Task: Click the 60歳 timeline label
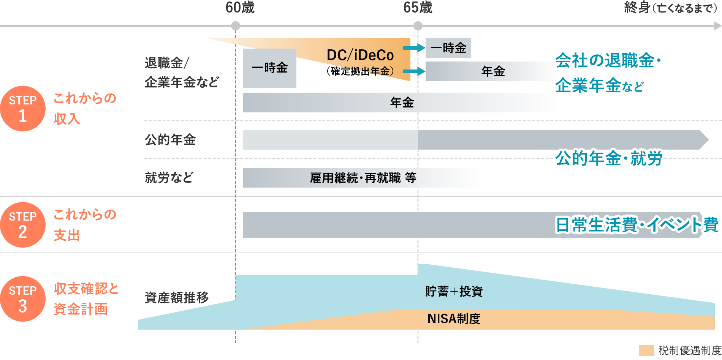tap(240, 8)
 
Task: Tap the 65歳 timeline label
tap(418, 8)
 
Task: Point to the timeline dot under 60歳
tap(236, 26)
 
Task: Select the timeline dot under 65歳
tap(418, 26)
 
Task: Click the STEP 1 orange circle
tap(23, 109)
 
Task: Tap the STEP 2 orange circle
tap(23, 225)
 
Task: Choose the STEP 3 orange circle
tap(23, 299)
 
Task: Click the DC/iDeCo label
tap(360, 55)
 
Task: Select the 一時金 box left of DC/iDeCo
tap(270, 68)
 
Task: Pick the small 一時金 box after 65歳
tap(448, 48)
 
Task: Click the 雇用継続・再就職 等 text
tap(363, 178)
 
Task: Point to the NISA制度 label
tap(454, 319)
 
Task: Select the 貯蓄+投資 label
tap(454, 292)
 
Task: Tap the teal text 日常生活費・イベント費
tap(637, 225)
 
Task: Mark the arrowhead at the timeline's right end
tap(717, 26)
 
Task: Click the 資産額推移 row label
tap(177, 297)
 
